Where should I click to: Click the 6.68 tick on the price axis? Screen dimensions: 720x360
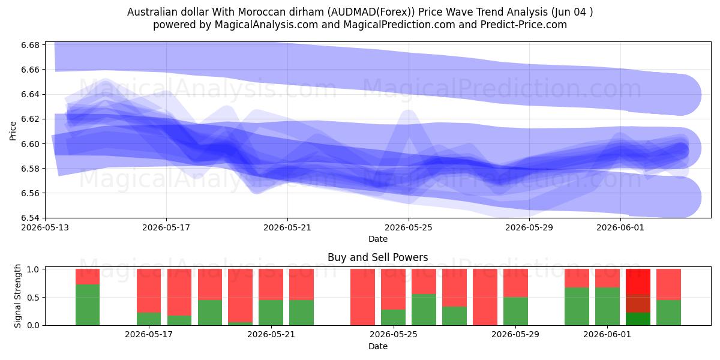click(x=31, y=45)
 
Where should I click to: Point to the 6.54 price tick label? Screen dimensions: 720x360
click(x=31, y=218)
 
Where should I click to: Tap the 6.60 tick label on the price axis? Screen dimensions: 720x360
click(x=31, y=144)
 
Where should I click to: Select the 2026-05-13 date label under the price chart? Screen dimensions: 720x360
click(x=45, y=227)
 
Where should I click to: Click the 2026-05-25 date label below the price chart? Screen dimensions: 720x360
click(x=409, y=227)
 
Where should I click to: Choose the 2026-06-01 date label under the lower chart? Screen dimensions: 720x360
click(x=607, y=335)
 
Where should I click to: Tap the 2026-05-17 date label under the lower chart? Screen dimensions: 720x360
click(x=149, y=335)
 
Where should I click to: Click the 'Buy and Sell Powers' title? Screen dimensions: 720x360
click(x=377, y=257)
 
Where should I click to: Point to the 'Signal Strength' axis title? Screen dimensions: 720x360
click(x=17, y=296)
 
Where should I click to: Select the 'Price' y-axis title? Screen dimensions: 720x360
click(x=13, y=131)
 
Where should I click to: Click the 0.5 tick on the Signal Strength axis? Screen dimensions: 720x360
click(x=33, y=298)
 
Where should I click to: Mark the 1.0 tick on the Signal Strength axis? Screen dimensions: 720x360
click(x=33, y=269)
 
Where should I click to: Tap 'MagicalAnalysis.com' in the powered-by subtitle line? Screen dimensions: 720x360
click(x=266, y=25)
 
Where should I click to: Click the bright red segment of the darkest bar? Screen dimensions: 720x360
click(x=638, y=281)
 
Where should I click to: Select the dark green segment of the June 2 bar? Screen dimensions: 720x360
click(x=638, y=319)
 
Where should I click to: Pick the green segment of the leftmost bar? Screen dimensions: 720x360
click(x=88, y=305)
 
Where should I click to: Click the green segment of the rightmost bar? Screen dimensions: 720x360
click(x=668, y=313)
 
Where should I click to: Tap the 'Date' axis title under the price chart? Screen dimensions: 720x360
click(x=378, y=239)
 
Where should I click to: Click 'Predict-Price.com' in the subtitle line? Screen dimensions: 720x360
click(x=524, y=25)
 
